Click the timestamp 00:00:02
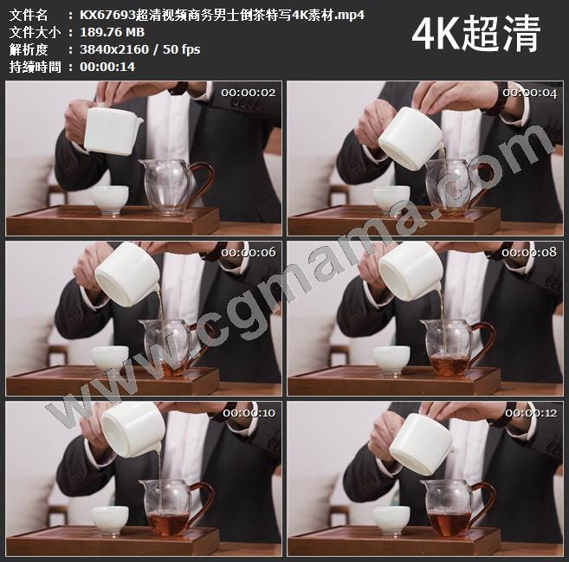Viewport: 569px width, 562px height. click(249, 93)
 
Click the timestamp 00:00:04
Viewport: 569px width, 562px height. click(530, 94)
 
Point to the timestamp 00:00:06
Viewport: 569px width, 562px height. click(249, 252)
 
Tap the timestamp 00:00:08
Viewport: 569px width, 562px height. click(529, 252)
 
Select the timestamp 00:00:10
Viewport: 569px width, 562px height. click(249, 413)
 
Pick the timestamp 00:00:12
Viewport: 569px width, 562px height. click(531, 413)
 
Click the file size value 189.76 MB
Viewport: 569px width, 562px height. click(112, 32)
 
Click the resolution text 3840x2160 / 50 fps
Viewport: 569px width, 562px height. click(139, 49)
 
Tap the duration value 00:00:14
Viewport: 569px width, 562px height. click(107, 67)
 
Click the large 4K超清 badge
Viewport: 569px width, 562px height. click(476, 34)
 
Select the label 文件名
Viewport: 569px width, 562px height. click(29, 16)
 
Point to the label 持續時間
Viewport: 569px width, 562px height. click(35, 67)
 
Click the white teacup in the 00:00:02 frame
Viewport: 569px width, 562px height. click(110, 200)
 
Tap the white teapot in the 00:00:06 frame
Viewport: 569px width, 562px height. click(127, 274)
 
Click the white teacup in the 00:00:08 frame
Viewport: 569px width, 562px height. click(391, 360)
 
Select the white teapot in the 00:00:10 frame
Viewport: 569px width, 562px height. click(133, 430)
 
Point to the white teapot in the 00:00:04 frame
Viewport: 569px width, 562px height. click(411, 138)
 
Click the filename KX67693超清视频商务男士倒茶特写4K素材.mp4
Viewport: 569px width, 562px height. click(222, 16)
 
